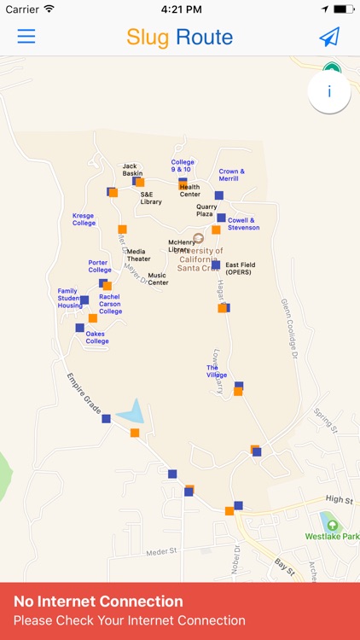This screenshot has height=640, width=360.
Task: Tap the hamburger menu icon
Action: [x=26, y=37]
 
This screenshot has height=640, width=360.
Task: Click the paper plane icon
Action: [x=329, y=37]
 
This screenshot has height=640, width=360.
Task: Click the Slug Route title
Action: [x=179, y=37]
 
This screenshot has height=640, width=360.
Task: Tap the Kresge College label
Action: [x=84, y=219]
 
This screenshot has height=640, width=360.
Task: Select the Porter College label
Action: [x=100, y=266]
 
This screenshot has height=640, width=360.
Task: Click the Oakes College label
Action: [x=97, y=337]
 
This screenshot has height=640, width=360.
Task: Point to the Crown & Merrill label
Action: [x=231, y=175]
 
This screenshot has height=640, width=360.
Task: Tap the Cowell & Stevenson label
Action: [x=244, y=224]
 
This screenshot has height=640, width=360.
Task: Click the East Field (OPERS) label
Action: [x=240, y=268]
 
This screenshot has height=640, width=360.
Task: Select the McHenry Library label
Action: [x=179, y=246]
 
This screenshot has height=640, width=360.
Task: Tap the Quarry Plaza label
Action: [x=206, y=210]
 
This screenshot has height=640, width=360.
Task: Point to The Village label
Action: [x=217, y=371]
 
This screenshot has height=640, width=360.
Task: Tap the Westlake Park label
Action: [x=331, y=537]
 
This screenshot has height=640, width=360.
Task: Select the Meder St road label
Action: [x=160, y=551]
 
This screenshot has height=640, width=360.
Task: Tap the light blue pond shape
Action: [x=131, y=413]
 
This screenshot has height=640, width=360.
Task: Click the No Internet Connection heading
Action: [x=98, y=602]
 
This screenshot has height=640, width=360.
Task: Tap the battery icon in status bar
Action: [x=343, y=9]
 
